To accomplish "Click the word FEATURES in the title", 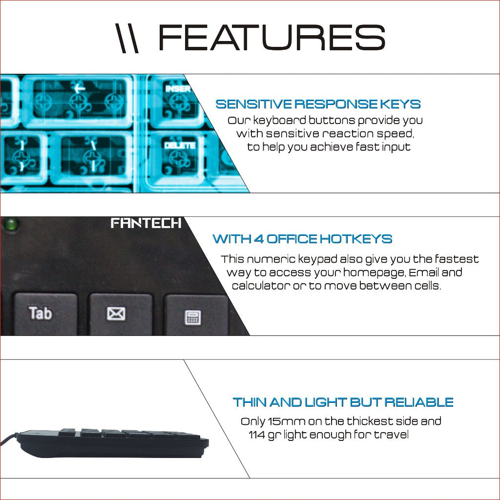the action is (271, 38).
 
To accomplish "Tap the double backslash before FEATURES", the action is (127, 38).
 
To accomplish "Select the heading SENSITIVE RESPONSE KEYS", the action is (318, 104).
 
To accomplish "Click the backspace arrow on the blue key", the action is (79, 88).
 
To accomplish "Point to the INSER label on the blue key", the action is (177, 88).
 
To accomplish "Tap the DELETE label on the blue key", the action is (180, 146).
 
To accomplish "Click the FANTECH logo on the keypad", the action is (146, 223).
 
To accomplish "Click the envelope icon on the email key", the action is (116, 313).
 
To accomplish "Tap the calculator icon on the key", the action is (193, 317).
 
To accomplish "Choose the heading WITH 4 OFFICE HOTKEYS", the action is (302, 238).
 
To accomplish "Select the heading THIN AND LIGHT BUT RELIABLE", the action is (343, 402).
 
